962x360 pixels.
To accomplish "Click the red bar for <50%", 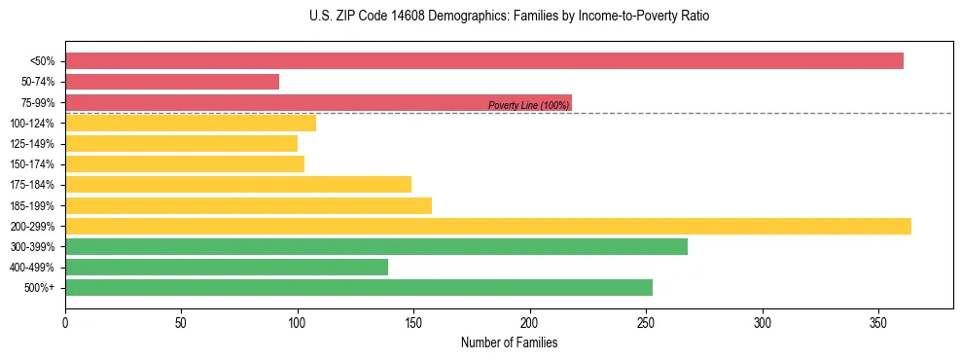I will coord(484,61).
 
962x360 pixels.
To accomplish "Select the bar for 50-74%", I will coord(172,82).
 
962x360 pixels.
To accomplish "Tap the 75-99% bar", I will coord(318,102).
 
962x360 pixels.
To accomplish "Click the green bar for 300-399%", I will coord(376,246).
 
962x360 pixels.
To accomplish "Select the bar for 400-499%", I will coord(227,267).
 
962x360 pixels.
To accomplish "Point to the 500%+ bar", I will coord(359,287).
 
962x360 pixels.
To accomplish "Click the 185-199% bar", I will coord(248,205).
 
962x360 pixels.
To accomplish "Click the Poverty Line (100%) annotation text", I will coord(528,105).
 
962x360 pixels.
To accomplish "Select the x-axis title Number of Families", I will coord(509,342).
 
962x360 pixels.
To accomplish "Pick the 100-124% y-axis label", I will coord(32,124).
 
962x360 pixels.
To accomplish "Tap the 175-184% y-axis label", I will coord(32,185).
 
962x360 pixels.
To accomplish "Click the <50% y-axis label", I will coord(42,61).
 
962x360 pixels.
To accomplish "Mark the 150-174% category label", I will coord(32,164).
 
